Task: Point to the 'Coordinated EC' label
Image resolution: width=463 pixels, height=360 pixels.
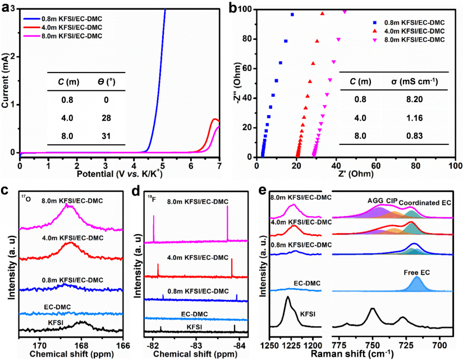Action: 425,202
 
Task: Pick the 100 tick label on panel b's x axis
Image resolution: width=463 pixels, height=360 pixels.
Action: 455,167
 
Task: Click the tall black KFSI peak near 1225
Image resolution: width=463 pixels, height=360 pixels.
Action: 288,299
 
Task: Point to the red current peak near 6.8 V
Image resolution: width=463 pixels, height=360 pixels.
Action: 214,119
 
